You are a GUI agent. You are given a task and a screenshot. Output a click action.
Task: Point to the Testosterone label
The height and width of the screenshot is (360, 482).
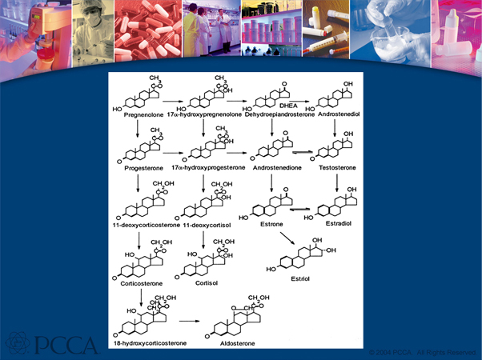pyautogui.click(x=336, y=170)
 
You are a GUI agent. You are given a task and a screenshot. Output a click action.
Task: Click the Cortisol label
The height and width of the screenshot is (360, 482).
pyautogui.click(x=207, y=282)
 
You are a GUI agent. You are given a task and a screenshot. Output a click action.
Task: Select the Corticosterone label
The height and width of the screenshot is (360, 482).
pyautogui.click(x=137, y=282)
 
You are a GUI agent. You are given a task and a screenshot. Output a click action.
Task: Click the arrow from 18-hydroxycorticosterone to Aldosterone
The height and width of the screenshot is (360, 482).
pyautogui.click(x=190, y=320)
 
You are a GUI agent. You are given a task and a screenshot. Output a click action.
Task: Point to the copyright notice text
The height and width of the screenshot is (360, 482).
pyautogui.click(x=422, y=352)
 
